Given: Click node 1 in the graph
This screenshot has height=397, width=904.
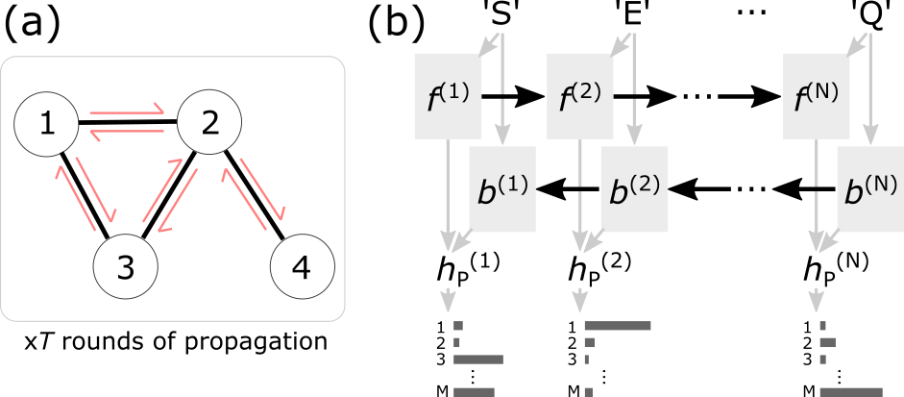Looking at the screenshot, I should tap(46, 123).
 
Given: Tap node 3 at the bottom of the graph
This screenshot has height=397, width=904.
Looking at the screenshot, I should tap(125, 266).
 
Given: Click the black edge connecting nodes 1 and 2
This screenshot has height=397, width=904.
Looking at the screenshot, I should tap(127, 123).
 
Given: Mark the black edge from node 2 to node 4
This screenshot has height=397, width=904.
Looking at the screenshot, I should tap(254, 192).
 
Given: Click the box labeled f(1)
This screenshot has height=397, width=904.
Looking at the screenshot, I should tap(447, 95).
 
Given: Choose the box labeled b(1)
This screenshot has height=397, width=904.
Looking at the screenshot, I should tap(502, 188).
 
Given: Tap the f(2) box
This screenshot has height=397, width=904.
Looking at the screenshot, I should tap(579, 95).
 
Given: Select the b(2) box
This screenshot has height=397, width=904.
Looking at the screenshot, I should tap(635, 188).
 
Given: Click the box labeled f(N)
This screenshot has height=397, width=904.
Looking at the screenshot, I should tap(816, 95).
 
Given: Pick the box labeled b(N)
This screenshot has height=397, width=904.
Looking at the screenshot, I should tap(869, 188).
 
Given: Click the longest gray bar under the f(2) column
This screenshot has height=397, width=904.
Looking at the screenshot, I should tap(618, 326).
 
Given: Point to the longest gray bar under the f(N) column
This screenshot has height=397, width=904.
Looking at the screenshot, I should tap(850, 391).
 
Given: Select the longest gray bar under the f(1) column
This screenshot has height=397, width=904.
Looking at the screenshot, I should tap(477, 359).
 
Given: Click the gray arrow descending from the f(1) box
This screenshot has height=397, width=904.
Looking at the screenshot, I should tap(447, 192).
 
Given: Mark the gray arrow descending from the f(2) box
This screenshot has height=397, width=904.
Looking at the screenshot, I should tap(579, 192).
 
